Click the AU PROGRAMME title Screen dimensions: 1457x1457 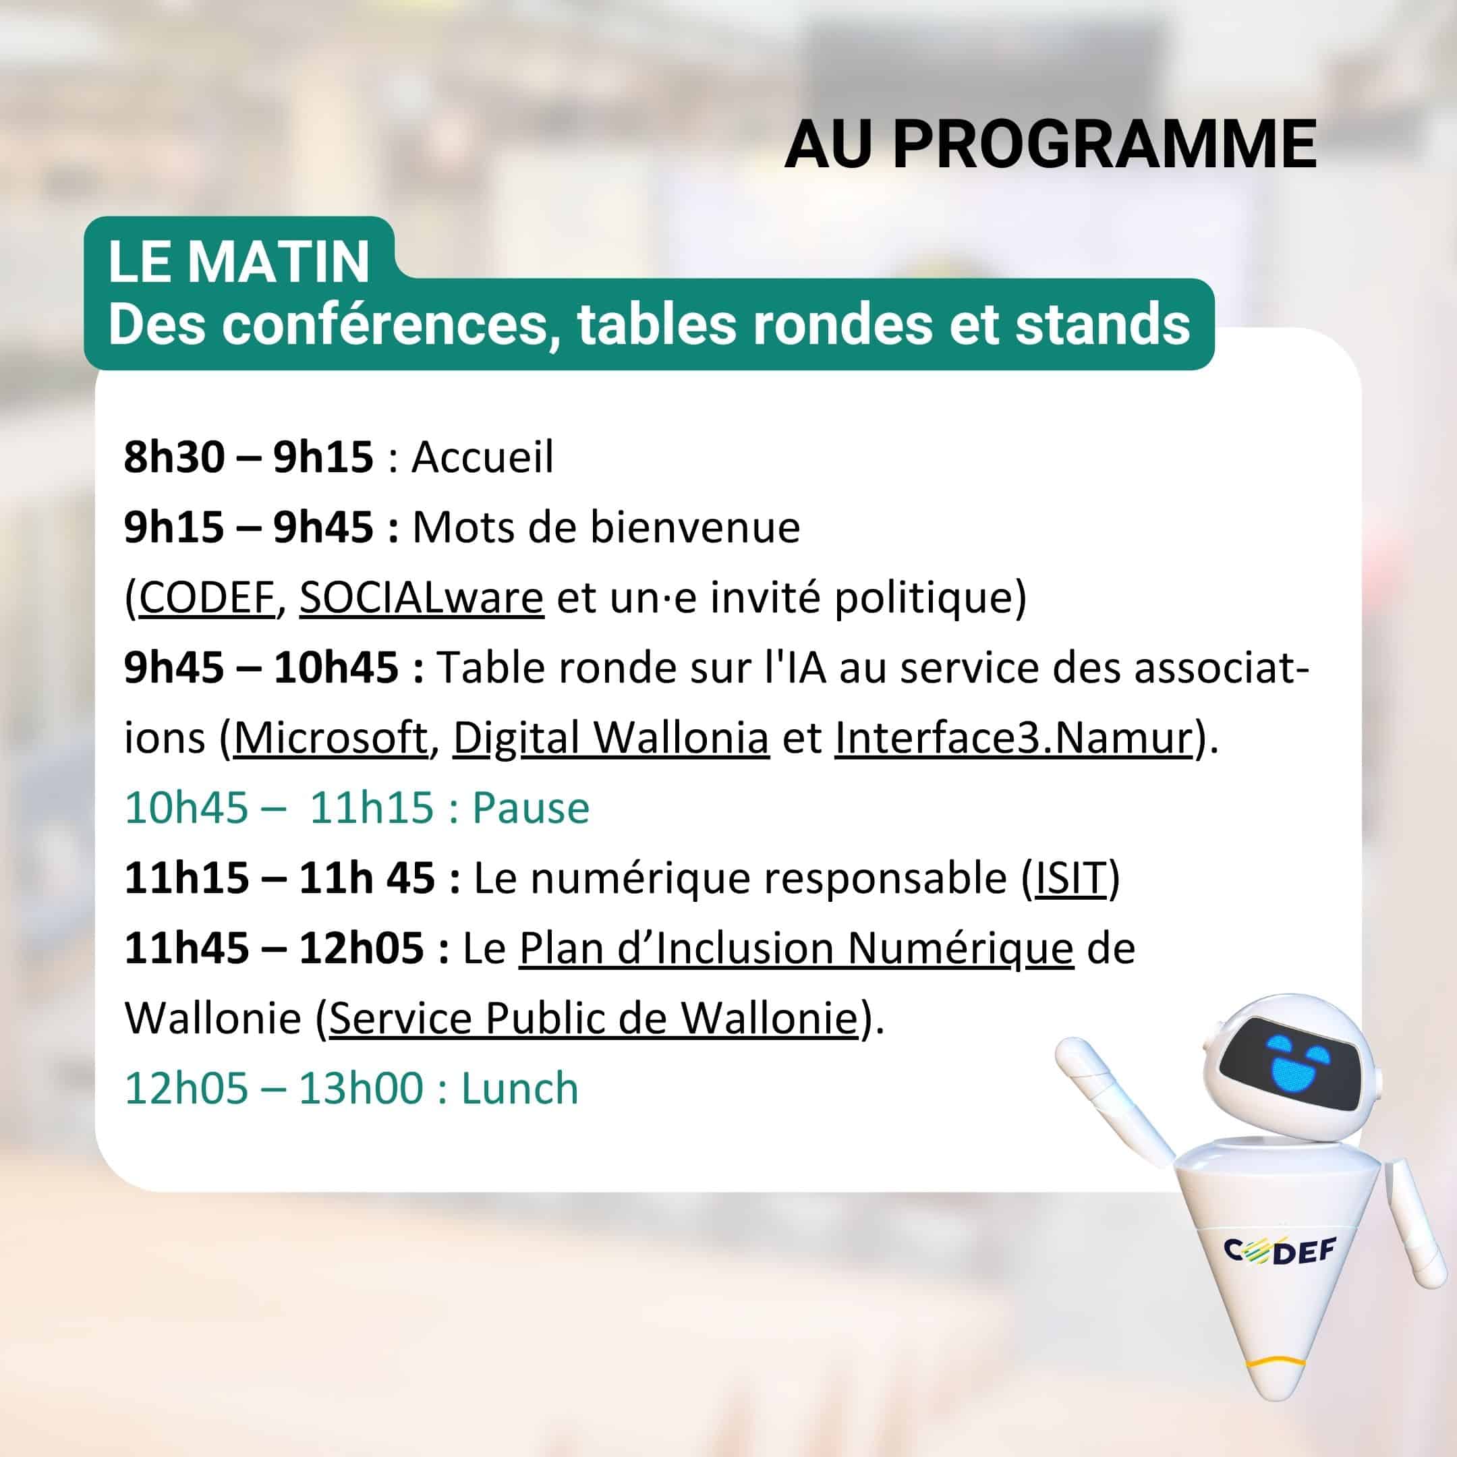1050,144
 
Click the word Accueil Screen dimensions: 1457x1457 483,457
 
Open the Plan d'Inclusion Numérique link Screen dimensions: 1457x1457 797,948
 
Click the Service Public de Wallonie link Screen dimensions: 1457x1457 594,1018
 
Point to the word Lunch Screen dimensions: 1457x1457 520,1088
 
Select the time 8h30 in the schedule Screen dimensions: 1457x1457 174,457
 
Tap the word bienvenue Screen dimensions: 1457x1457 695,527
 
